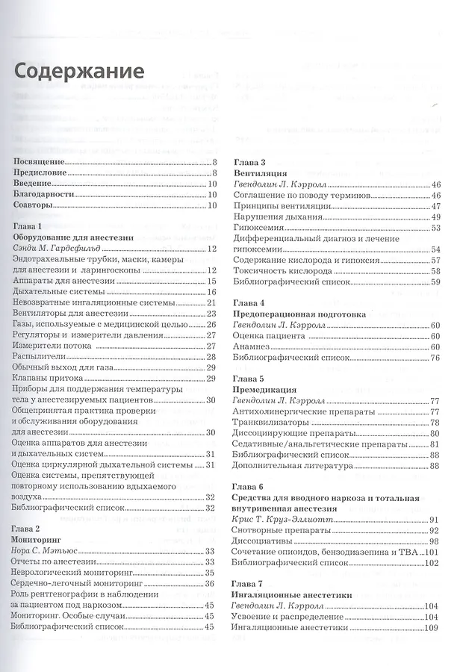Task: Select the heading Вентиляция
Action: (x=261, y=172)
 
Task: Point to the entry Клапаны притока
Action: (x=49, y=379)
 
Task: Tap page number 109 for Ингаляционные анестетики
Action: (x=431, y=628)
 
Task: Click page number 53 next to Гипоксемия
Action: (x=435, y=227)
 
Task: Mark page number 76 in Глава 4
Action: (x=435, y=358)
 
